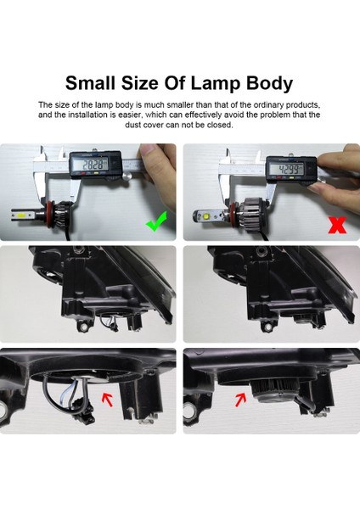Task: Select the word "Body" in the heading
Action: [x=265, y=83]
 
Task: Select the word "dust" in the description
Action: [x=50, y=125]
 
